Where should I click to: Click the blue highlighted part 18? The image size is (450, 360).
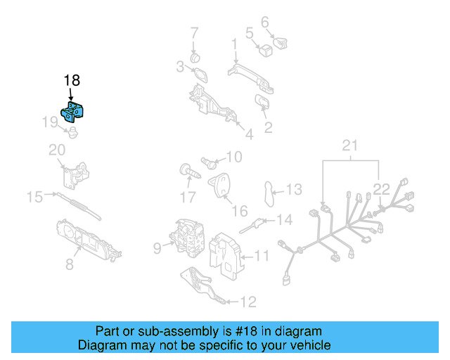tap(73, 112)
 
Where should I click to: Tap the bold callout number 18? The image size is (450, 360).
tap(72, 80)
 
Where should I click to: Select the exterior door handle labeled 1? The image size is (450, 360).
tap(250, 75)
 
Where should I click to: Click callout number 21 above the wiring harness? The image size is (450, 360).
tap(349, 146)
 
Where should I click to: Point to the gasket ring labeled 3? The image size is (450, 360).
tap(198, 73)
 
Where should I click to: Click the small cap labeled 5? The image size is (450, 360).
tap(265, 50)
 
